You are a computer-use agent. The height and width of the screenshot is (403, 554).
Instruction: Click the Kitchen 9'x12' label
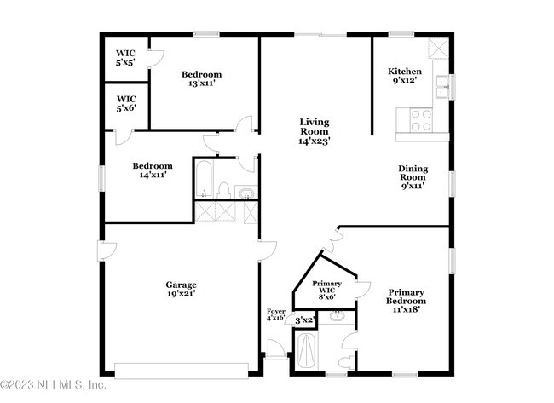[x=405, y=76]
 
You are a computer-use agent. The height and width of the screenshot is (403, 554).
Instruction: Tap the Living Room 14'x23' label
[x=315, y=131]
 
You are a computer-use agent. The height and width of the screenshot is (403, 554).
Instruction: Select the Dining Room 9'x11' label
[x=413, y=177]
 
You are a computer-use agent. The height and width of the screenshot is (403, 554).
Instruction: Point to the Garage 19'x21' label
[x=182, y=289]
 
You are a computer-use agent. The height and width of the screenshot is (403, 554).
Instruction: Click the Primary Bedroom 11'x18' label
[x=406, y=301]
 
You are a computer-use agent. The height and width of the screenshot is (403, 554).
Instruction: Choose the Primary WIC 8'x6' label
[x=326, y=290]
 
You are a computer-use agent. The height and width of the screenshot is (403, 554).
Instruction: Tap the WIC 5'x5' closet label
[x=125, y=58]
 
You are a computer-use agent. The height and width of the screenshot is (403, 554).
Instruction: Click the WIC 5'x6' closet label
[x=126, y=103]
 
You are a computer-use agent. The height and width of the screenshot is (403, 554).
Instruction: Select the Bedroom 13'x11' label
[x=201, y=78]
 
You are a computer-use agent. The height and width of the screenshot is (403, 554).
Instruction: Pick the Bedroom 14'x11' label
[x=153, y=170]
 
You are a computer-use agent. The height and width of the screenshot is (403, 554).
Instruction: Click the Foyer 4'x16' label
[x=275, y=314]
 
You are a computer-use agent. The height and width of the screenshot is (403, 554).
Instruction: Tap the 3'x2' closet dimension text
[x=304, y=320]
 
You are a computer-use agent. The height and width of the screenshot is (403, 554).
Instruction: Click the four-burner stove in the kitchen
[x=421, y=120]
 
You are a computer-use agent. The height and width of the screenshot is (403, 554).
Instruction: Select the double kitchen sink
[x=441, y=86]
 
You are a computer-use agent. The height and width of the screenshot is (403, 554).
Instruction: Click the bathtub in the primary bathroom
[x=306, y=351]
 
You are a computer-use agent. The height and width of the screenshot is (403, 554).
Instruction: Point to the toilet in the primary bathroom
[x=346, y=362]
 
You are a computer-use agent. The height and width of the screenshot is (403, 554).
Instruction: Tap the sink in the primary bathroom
[x=338, y=316]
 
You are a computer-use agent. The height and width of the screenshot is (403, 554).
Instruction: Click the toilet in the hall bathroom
[x=223, y=190]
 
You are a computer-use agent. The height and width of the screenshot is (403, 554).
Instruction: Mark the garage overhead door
[x=182, y=371]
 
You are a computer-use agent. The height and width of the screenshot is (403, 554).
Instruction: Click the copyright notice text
[x=53, y=384]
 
